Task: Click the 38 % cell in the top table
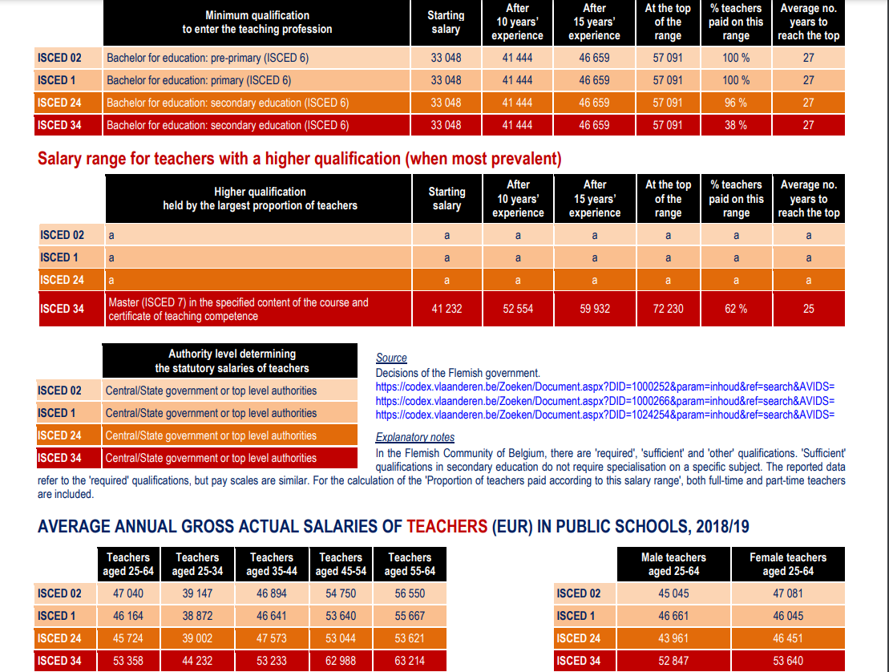[736, 125]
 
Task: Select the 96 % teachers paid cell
[736, 103]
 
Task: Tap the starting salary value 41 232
[447, 309]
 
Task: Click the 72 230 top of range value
[668, 309]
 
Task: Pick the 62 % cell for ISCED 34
[736, 309]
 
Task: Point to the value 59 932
[595, 309]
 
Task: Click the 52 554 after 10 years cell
[518, 309]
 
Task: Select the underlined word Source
[391, 358]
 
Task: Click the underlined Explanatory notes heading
[415, 438]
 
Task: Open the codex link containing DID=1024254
[605, 415]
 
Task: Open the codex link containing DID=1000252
[605, 387]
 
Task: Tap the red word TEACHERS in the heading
[447, 527]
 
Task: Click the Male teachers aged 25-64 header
[673, 564]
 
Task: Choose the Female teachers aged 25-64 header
[788, 564]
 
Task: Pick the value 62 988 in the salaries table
[341, 661]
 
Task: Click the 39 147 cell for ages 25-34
[197, 594]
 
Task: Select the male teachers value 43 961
[673, 638]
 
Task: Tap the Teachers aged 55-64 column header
[410, 564]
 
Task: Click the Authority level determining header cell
[232, 361]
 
